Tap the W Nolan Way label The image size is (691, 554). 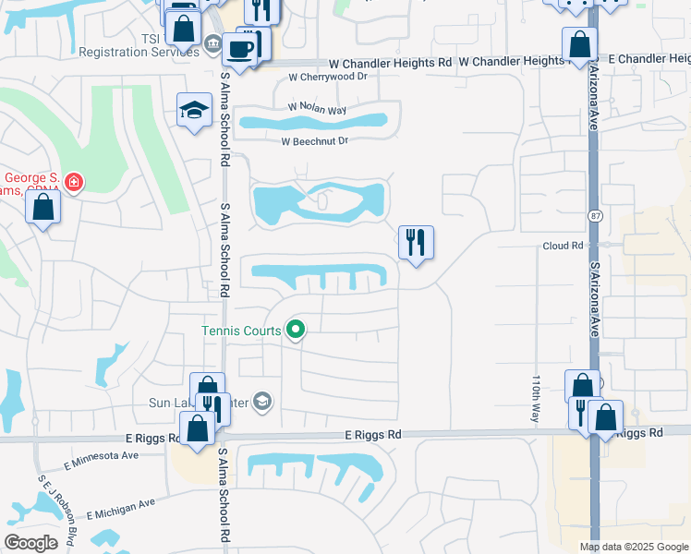[x=317, y=109]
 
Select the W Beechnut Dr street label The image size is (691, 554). [x=315, y=141]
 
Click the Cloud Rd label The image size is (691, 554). [x=564, y=247]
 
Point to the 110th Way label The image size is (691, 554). [x=536, y=399]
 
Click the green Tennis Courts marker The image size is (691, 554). [x=296, y=329]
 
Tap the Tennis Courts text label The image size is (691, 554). [x=242, y=329]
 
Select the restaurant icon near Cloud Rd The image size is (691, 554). [x=416, y=243]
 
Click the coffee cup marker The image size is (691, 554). [x=239, y=48]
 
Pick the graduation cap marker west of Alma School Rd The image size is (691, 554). [x=194, y=110]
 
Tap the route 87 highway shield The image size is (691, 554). [x=591, y=215]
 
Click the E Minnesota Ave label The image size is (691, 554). [x=101, y=455]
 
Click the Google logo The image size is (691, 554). [x=30, y=543]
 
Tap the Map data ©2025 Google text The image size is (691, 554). [x=633, y=547]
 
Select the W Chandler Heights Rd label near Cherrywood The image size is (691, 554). [x=391, y=62]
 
